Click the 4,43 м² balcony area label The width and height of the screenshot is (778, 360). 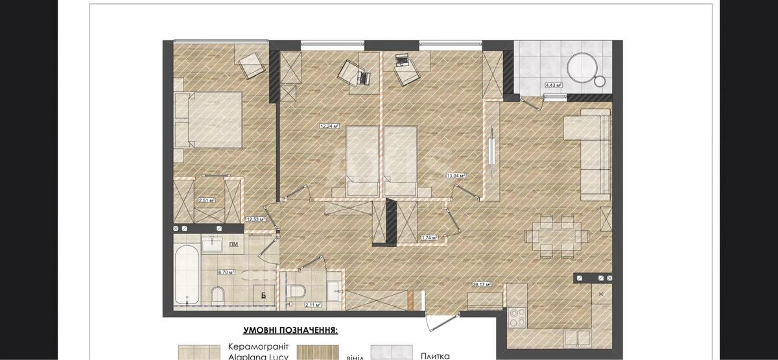point(553,85)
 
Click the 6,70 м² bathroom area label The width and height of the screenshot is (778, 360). point(225,272)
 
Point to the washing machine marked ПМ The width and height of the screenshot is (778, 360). point(232,244)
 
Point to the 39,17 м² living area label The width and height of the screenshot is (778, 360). point(482,284)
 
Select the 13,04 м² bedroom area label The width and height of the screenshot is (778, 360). point(456,175)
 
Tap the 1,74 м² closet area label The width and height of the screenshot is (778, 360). point(429,237)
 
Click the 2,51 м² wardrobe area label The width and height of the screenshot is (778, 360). point(207,200)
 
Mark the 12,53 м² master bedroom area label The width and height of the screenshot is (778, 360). point(255,219)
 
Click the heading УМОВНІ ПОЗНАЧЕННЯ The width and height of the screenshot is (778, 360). point(290,330)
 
